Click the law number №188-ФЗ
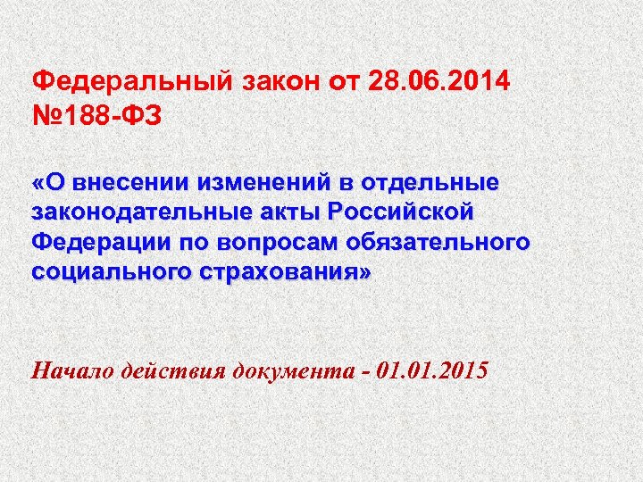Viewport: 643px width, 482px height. (x=97, y=117)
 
